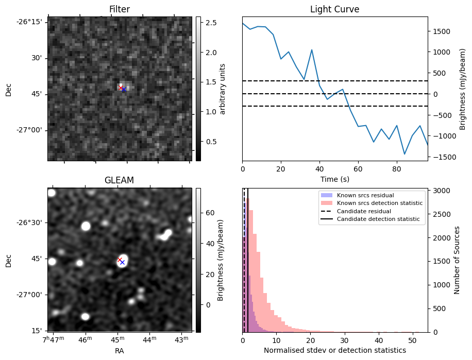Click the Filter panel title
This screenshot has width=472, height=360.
(x=119, y=9)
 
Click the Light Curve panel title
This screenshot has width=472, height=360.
(x=334, y=9)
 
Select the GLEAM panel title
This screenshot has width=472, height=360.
(x=119, y=180)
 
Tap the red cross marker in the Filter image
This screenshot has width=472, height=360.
(x=121, y=88)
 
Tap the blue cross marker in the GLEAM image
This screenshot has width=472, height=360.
(x=122, y=262)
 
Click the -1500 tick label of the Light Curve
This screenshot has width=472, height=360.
(x=442, y=157)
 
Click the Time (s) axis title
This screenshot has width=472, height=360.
(x=334, y=178)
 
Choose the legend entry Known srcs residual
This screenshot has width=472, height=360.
(x=365, y=195)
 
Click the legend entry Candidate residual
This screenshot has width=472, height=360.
(x=364, y=211)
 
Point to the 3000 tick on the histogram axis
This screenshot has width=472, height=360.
(x=440, y=191)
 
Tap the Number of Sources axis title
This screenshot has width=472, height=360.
(x=458, y=260)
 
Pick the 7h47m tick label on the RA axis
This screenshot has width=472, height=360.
(x=53, y=340)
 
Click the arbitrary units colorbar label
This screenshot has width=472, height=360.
(x=222, y=89)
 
